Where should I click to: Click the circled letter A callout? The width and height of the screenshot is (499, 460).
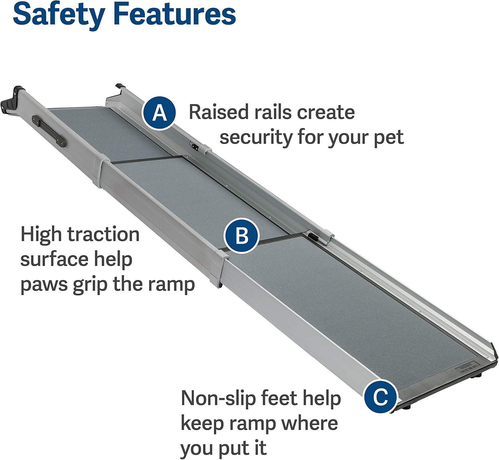(159, 113)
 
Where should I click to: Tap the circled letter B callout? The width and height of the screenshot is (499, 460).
(242, 236)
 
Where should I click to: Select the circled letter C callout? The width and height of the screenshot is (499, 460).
(380, 396)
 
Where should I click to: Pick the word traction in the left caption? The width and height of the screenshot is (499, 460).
(103, 234)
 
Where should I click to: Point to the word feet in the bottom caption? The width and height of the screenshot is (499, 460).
(279, 398)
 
